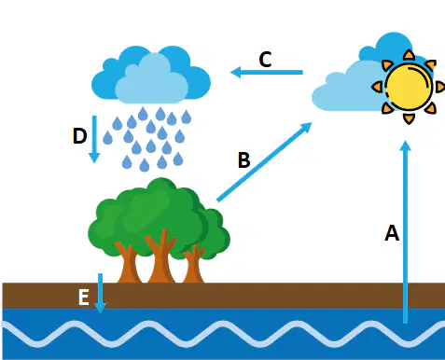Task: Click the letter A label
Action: pyautogui.click(x=392, y=233)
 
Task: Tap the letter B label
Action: pyautogui.click(x=243, y=160)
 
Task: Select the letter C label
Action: pyautogui.click(x=265, y=59)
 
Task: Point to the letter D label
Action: pyautogui.click(x=79, y=136)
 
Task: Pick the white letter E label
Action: pyautogui.click(x=84, y=297)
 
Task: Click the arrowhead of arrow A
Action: pyautogui.click(x=405, y=145)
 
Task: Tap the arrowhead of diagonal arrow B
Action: pyautogui.click(x=306, y=128)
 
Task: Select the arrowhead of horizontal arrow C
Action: pyautogui.click(x=236, y=72)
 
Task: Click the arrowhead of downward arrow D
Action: pyautogui.click(x=94, y=158)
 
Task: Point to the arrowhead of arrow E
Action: pyautogui.click(x=100, y=308)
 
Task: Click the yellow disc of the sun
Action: pyautogui.click(x=409, y=87)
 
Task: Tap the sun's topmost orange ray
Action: pyautogui.click(x=409, y=54)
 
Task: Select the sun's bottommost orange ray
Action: pyautogui.click(x=409, y=119)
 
